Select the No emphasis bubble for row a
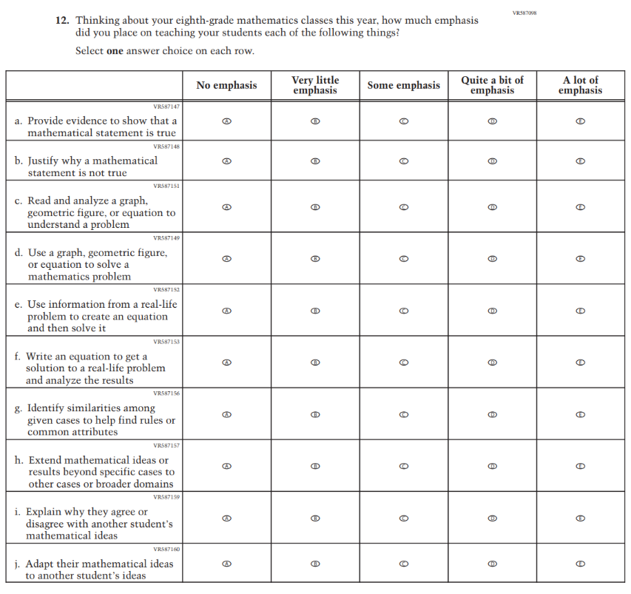click(227, 121)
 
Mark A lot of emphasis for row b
click(581, 161)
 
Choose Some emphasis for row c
click(404, 207)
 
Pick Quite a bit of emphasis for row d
click(492, 259)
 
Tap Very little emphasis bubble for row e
click(315, 311)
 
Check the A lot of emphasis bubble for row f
click(581, 362)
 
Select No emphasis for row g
click(227, 414)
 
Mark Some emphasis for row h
click(404, 466)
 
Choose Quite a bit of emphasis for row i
click(492, 518)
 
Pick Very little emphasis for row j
click(315, 564)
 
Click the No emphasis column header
click(227, 85)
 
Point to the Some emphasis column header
click(404, 85)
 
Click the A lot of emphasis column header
click(581, 85)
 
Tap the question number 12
click(62, 21)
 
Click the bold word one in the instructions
click(115, 51)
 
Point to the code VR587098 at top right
click(523, 13)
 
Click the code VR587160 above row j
click(166, 549)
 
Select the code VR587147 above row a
click(166, 107)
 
